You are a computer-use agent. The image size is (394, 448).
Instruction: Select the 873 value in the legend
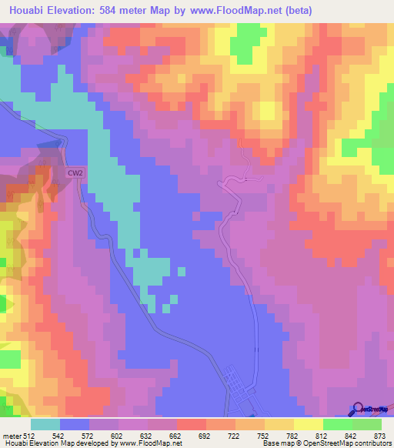[x=380, y=435]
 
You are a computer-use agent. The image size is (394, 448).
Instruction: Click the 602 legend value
[x=119, y=435]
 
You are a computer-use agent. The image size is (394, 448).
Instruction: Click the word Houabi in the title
[x=25, y=9]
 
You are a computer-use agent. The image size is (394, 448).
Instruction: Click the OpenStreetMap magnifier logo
[x=357, y=410]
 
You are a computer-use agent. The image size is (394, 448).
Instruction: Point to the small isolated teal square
[x=181, y=271]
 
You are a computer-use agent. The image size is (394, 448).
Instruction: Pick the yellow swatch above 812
[x=309, y=424]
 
